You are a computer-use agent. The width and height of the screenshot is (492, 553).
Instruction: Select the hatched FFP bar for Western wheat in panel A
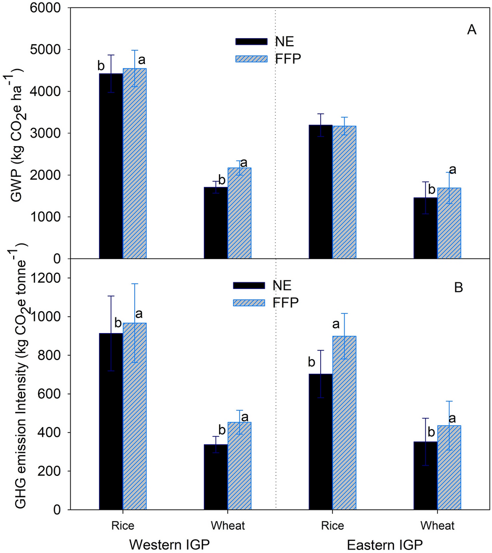pos(239,213)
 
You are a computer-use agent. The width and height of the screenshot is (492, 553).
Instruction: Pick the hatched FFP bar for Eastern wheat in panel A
pos(449,223)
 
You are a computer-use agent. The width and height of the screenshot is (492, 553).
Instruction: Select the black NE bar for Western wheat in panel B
pos(216,477)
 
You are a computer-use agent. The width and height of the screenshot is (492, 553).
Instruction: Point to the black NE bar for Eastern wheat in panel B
pos(425,475)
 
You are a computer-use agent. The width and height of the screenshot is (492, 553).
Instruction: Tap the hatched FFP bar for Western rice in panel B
pos(135,416)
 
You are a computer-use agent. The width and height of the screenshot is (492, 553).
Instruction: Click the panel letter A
pos(471,30)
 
